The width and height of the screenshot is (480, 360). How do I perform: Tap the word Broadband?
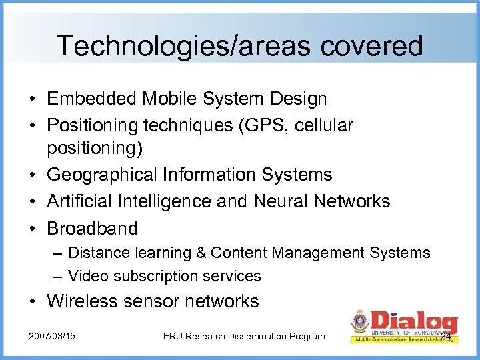pos(92,228)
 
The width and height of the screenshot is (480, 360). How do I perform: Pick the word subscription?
pos(157,276)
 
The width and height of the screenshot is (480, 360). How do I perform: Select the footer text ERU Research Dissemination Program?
pos(243,336)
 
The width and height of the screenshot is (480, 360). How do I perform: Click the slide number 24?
pos(446,335)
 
